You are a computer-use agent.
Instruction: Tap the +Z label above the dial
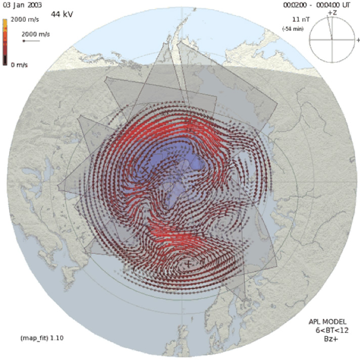click(x=332, y=12)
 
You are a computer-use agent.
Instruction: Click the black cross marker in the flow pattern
click(x=189, y=263)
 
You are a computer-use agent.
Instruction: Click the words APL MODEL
click(x=328, y=322)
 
